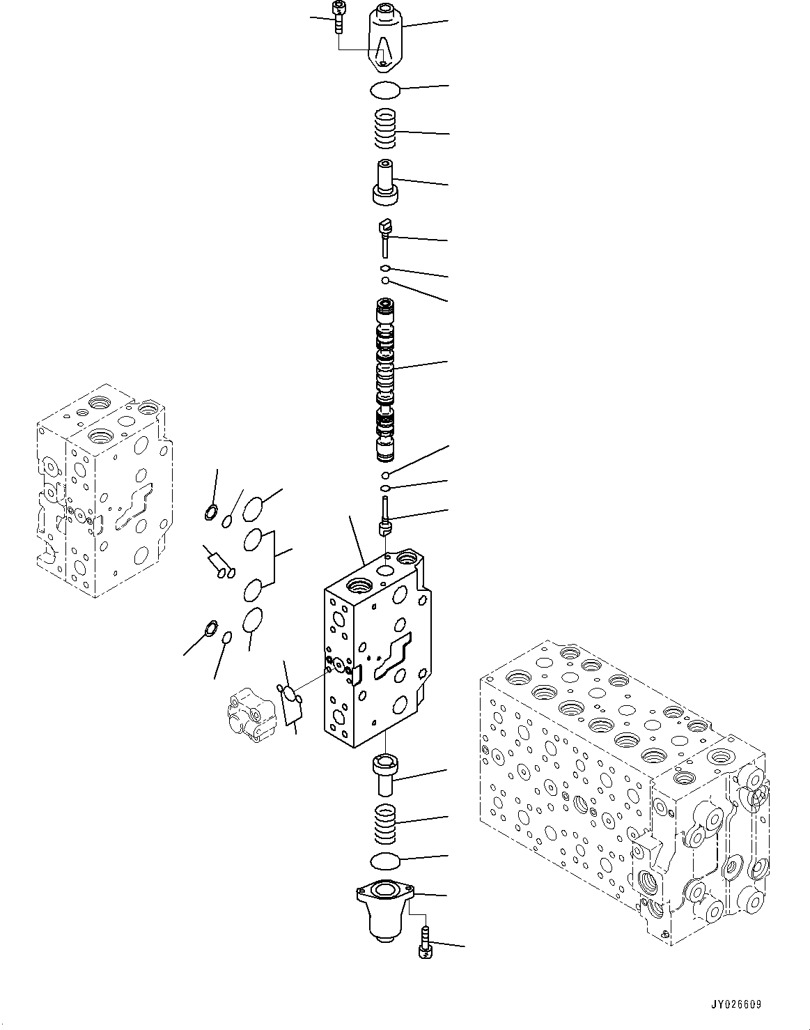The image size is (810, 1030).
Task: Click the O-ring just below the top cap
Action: pos(384,89)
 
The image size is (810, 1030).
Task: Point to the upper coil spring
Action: pos(384,130)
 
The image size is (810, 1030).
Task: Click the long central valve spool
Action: pos(384,380)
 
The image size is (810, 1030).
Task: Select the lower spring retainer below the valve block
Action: pos(384,774)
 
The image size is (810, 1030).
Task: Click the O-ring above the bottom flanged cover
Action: pos(384,861)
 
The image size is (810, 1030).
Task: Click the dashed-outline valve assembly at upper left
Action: pos(101,491)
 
